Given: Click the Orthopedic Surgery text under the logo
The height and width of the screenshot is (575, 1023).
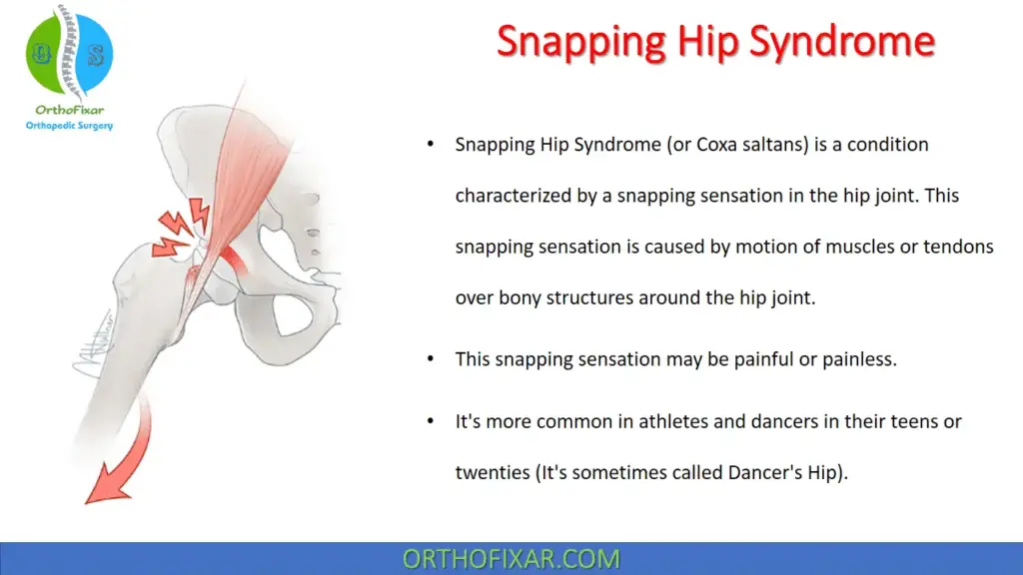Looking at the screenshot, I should pos(70,126).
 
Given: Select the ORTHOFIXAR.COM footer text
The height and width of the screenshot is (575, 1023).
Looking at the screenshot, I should pos(511,559).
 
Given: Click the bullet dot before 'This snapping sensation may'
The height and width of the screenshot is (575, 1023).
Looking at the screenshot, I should pos(430,359).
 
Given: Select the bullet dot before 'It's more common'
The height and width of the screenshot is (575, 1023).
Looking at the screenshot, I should pos(430,421).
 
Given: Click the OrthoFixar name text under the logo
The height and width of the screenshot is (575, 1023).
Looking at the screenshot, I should pos(70,110).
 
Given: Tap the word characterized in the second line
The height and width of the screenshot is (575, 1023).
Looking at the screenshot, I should pos(513,196).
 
